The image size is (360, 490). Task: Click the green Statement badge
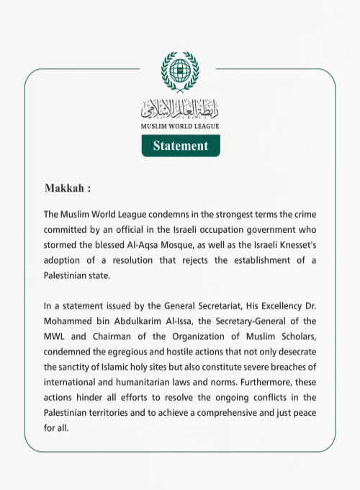[180, 146]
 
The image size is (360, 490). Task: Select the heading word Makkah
[63, 189]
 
